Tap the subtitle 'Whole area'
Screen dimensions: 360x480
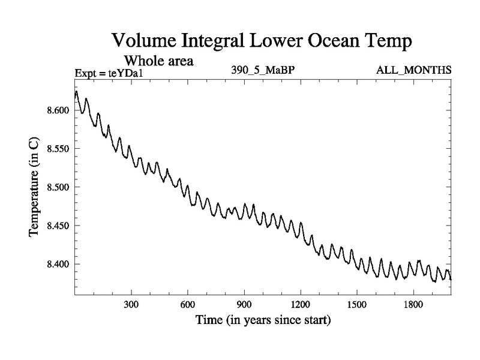pyautogui.click(x=158, y=61)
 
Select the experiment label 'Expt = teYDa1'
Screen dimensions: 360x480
pyautogui.click(x=110, y=73)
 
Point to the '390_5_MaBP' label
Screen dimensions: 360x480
pyautogui.click(x=263, y=70)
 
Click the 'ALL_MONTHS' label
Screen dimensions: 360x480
pyautogui.click(x=414, y=70)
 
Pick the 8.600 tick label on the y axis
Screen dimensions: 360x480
pyautogui.click(x=58, y=110)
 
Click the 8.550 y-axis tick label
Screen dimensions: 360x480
pyautogui.click(x=58, y=149)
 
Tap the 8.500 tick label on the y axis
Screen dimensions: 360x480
pyautogui.click(x=58, y=187)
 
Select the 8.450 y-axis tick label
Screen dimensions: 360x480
pyautogui.click(x=58, y=226)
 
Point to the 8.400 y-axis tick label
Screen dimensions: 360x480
pyautogui.click(x=58, y=264)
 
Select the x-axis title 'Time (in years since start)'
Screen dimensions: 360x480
pyautogui.click(x=263, y=321)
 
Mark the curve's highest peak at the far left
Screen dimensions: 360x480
pyautogui.click(x=77, y=92)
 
